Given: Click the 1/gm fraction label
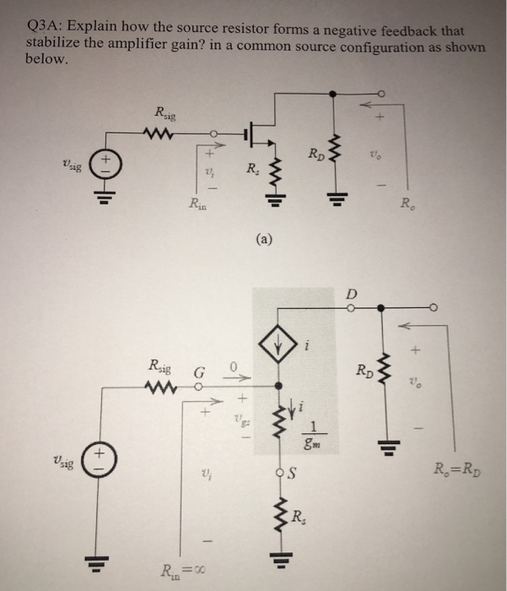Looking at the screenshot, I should pos(314,430).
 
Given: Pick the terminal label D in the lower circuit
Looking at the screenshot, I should pos(352,293).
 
